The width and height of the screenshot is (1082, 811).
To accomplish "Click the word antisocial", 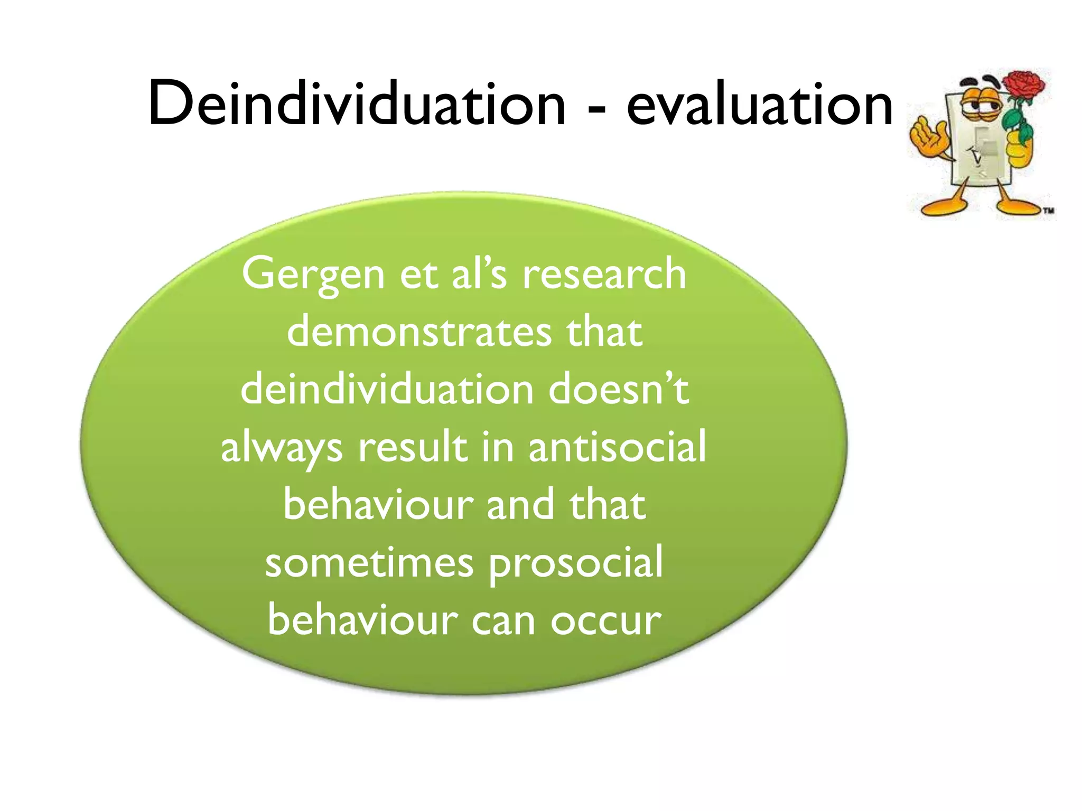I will (617, 447).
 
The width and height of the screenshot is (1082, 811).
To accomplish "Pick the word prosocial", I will (575, 564).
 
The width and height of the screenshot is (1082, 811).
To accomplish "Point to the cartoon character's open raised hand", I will (929, 137).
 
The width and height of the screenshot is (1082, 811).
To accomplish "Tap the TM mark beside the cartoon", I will (1048, 211).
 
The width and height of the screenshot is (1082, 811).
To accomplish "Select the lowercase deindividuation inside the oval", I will (387, 390).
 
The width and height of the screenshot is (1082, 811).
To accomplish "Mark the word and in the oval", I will (520, 505).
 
